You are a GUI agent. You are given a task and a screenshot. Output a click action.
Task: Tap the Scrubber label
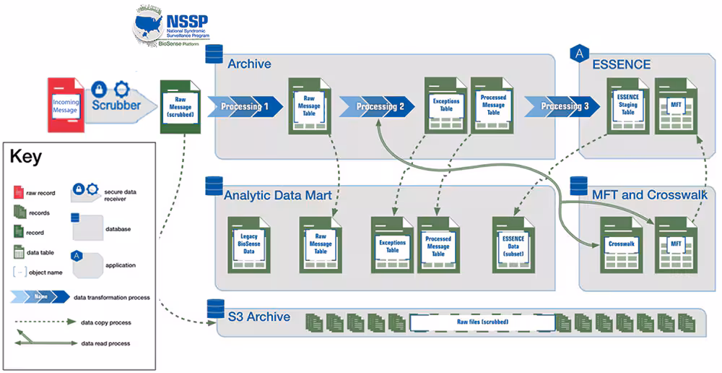pos(116,105)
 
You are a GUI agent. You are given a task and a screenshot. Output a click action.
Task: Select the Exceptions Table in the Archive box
pos(445,104)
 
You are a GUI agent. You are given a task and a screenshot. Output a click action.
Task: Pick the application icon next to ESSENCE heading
pos(578,53)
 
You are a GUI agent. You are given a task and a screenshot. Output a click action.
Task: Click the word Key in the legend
pos(25,156)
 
